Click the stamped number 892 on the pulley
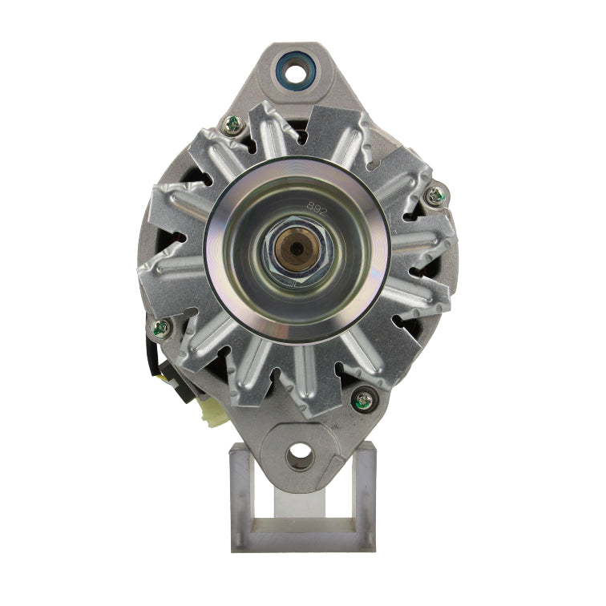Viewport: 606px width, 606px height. tap(316, 206)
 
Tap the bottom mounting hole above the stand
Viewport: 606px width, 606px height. tap(300, 454)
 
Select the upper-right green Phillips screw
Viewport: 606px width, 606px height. tap(437, 194)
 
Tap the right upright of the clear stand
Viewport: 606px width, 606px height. tap(365, 497)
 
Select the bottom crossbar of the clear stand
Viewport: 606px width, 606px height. tap(303, 539)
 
